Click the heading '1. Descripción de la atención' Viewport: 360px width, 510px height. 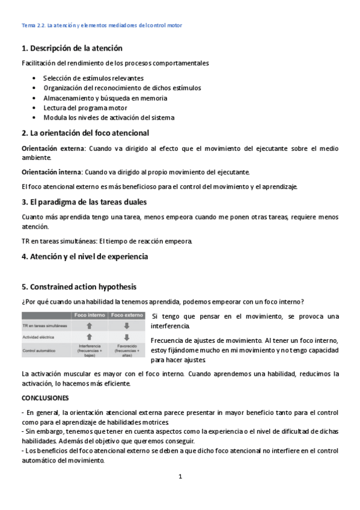pos(72,48)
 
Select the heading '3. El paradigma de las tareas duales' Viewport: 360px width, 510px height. pos(84,202)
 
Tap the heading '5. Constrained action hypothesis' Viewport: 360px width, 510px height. pos(78,286)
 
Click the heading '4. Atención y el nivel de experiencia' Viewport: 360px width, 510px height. pos(84,256)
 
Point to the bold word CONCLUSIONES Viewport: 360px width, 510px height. pos(45,398)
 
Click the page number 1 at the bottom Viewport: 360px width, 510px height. pos(180,477)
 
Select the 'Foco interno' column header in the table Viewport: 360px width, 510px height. pos(89,315)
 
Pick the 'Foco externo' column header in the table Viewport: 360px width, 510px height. pos(127,315)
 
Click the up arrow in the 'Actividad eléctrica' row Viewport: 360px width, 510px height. pos(89,337)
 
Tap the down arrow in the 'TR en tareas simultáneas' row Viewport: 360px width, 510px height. pos(127,326)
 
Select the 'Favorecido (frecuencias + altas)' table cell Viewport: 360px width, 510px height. pos(127,350)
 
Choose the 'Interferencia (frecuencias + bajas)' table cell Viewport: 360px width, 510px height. pos(89,350)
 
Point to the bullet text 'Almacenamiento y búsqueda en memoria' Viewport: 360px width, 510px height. pos(105,98)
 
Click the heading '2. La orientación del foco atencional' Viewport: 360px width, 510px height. pos(85,132)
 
